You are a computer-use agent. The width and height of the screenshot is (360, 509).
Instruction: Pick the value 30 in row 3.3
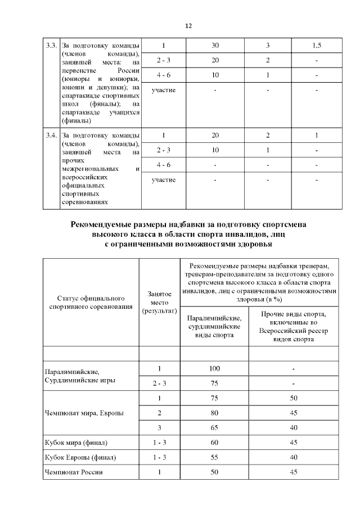pyautogui.click(x=215, y=46)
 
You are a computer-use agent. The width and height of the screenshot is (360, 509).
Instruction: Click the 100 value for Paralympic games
pyautogui.click(x=214, y=368)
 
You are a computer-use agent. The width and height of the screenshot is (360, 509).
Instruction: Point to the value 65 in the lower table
pyautogui.click(x=214, y=427)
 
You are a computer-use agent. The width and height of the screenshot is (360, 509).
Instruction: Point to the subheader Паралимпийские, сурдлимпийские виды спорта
pyautogui.click(x=214, y=326)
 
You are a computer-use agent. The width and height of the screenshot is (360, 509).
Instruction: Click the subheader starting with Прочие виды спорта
pyautogui.click(x=294, y=326)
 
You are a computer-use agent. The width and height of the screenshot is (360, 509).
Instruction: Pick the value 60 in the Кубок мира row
pyautogui.click(x=214, y=443)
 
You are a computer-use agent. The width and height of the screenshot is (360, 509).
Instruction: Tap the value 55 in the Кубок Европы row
pyautogui.click(x=214, y=457)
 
